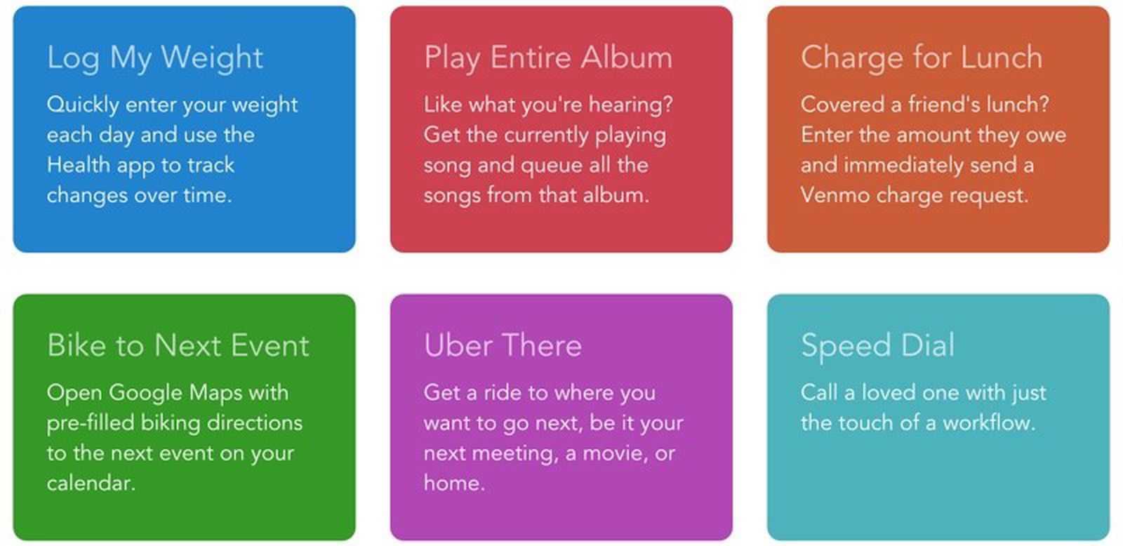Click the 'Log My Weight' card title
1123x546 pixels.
tap(155, 58)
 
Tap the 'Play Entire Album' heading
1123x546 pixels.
tap(548, 58)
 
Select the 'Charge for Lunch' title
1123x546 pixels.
tap(922, 58)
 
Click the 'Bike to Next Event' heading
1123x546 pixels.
tap(178, 345)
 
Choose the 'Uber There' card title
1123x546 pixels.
tap(503, 345)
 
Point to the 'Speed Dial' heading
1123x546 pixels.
tap(878, 347)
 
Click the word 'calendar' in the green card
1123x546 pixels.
tap(91, 483)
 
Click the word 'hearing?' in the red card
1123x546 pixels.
tap(630, 105)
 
